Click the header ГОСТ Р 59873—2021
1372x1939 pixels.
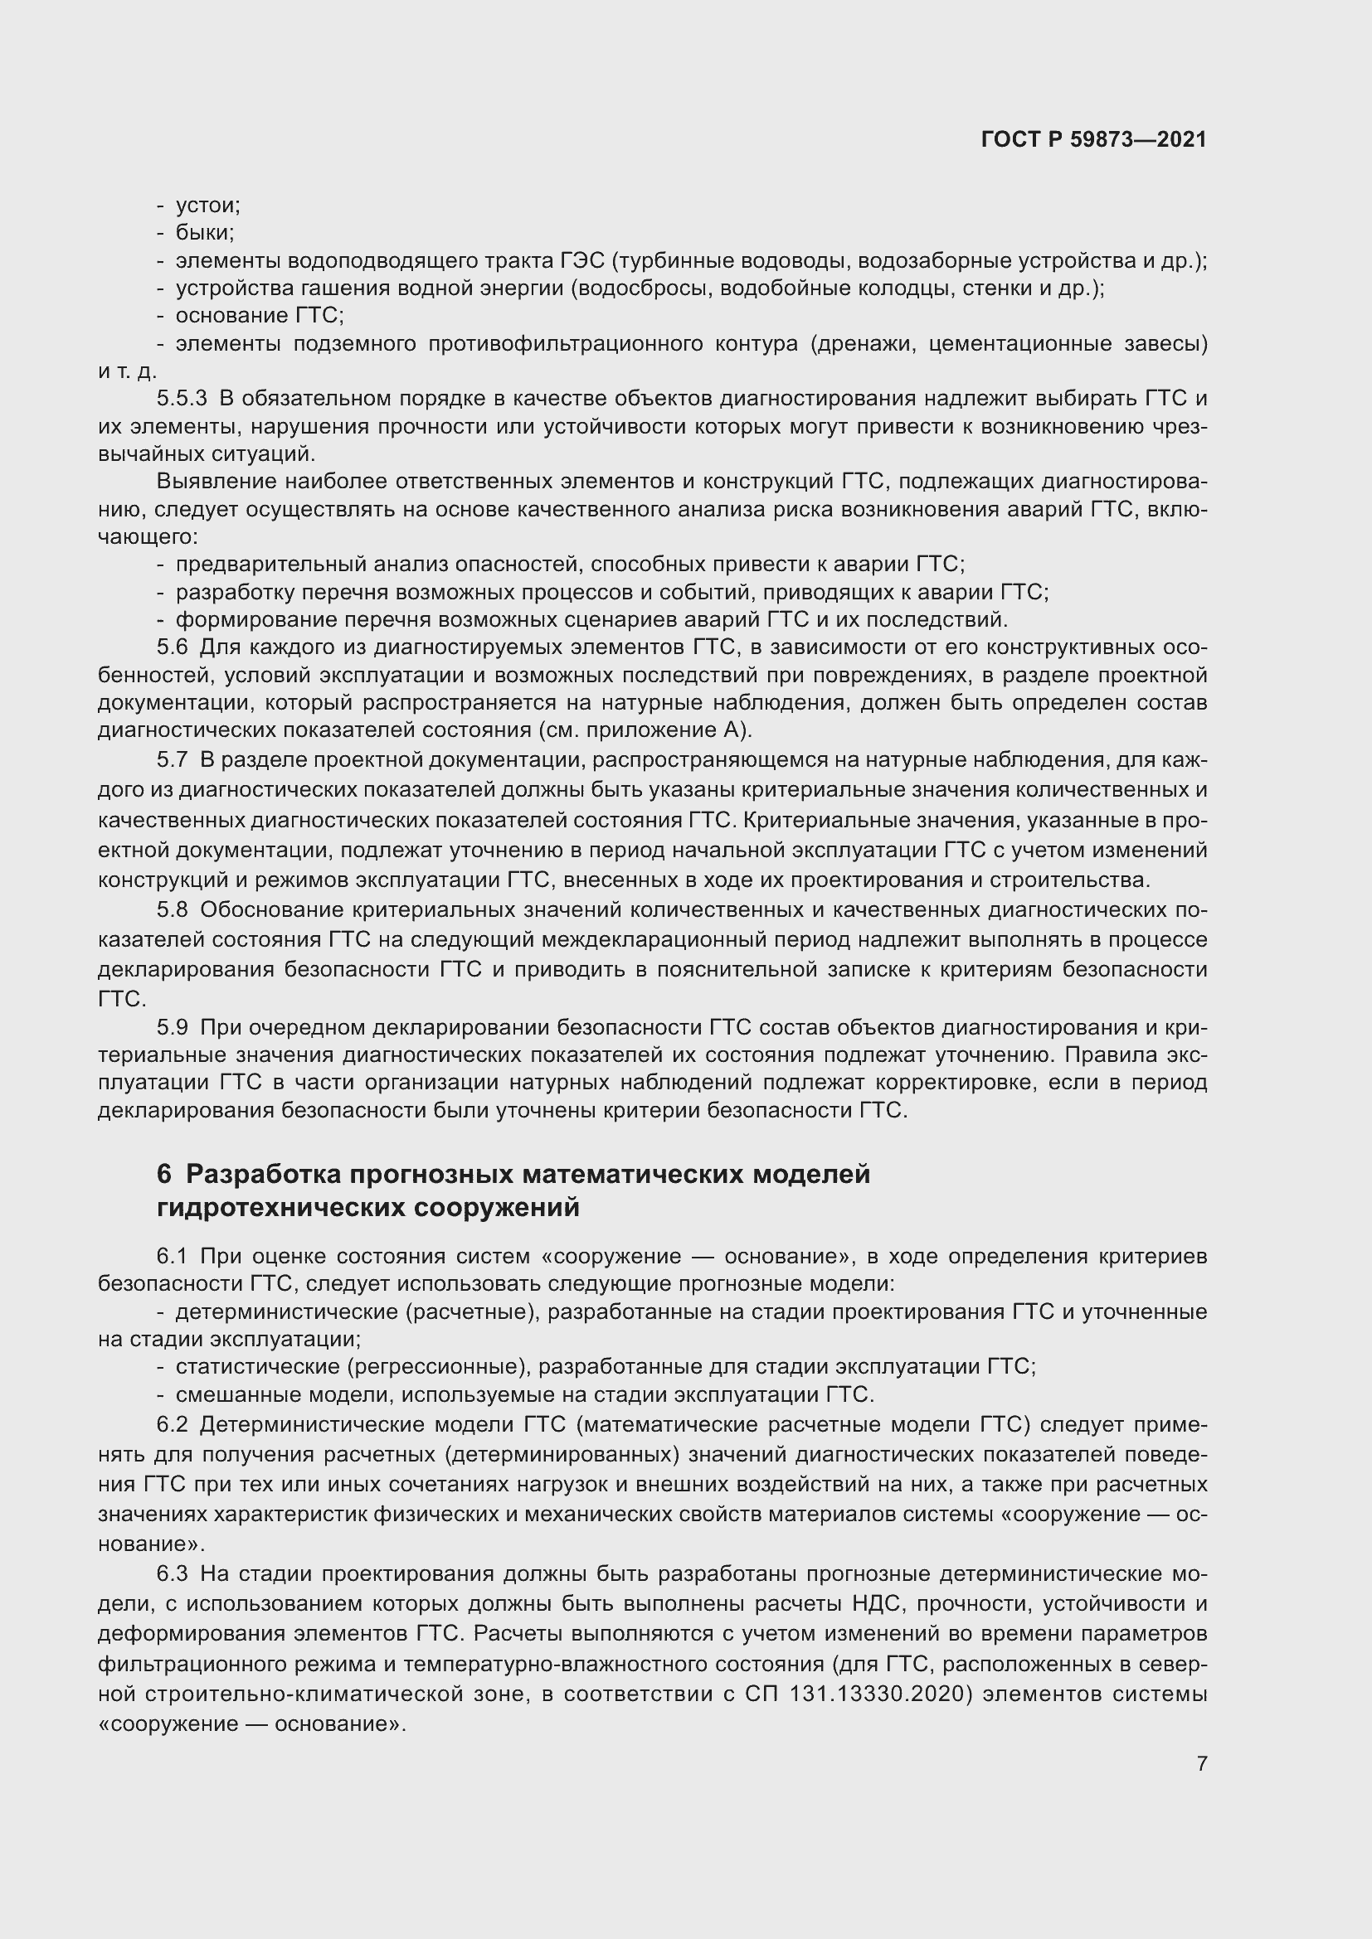[x=1093, y=140]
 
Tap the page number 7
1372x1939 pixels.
[x=1201, y=1763]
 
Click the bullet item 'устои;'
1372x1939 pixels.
[x=208, y=206]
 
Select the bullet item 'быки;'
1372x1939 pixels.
[x=204, y=232]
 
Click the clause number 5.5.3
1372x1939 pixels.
[x=182, y=399]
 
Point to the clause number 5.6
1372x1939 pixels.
[x=172, y=647]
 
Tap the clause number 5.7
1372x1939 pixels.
[x=172, y=760]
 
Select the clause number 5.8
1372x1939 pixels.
[x=172, y=910]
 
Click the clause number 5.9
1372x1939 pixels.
[x=172, y=1028]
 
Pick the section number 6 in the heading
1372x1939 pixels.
[x=164, y=1175]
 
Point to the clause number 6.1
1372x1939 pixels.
[x=172, y=1257]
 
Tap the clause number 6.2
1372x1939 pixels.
[x=172, y=1425]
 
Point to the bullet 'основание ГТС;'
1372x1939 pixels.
[x=260, y=316]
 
